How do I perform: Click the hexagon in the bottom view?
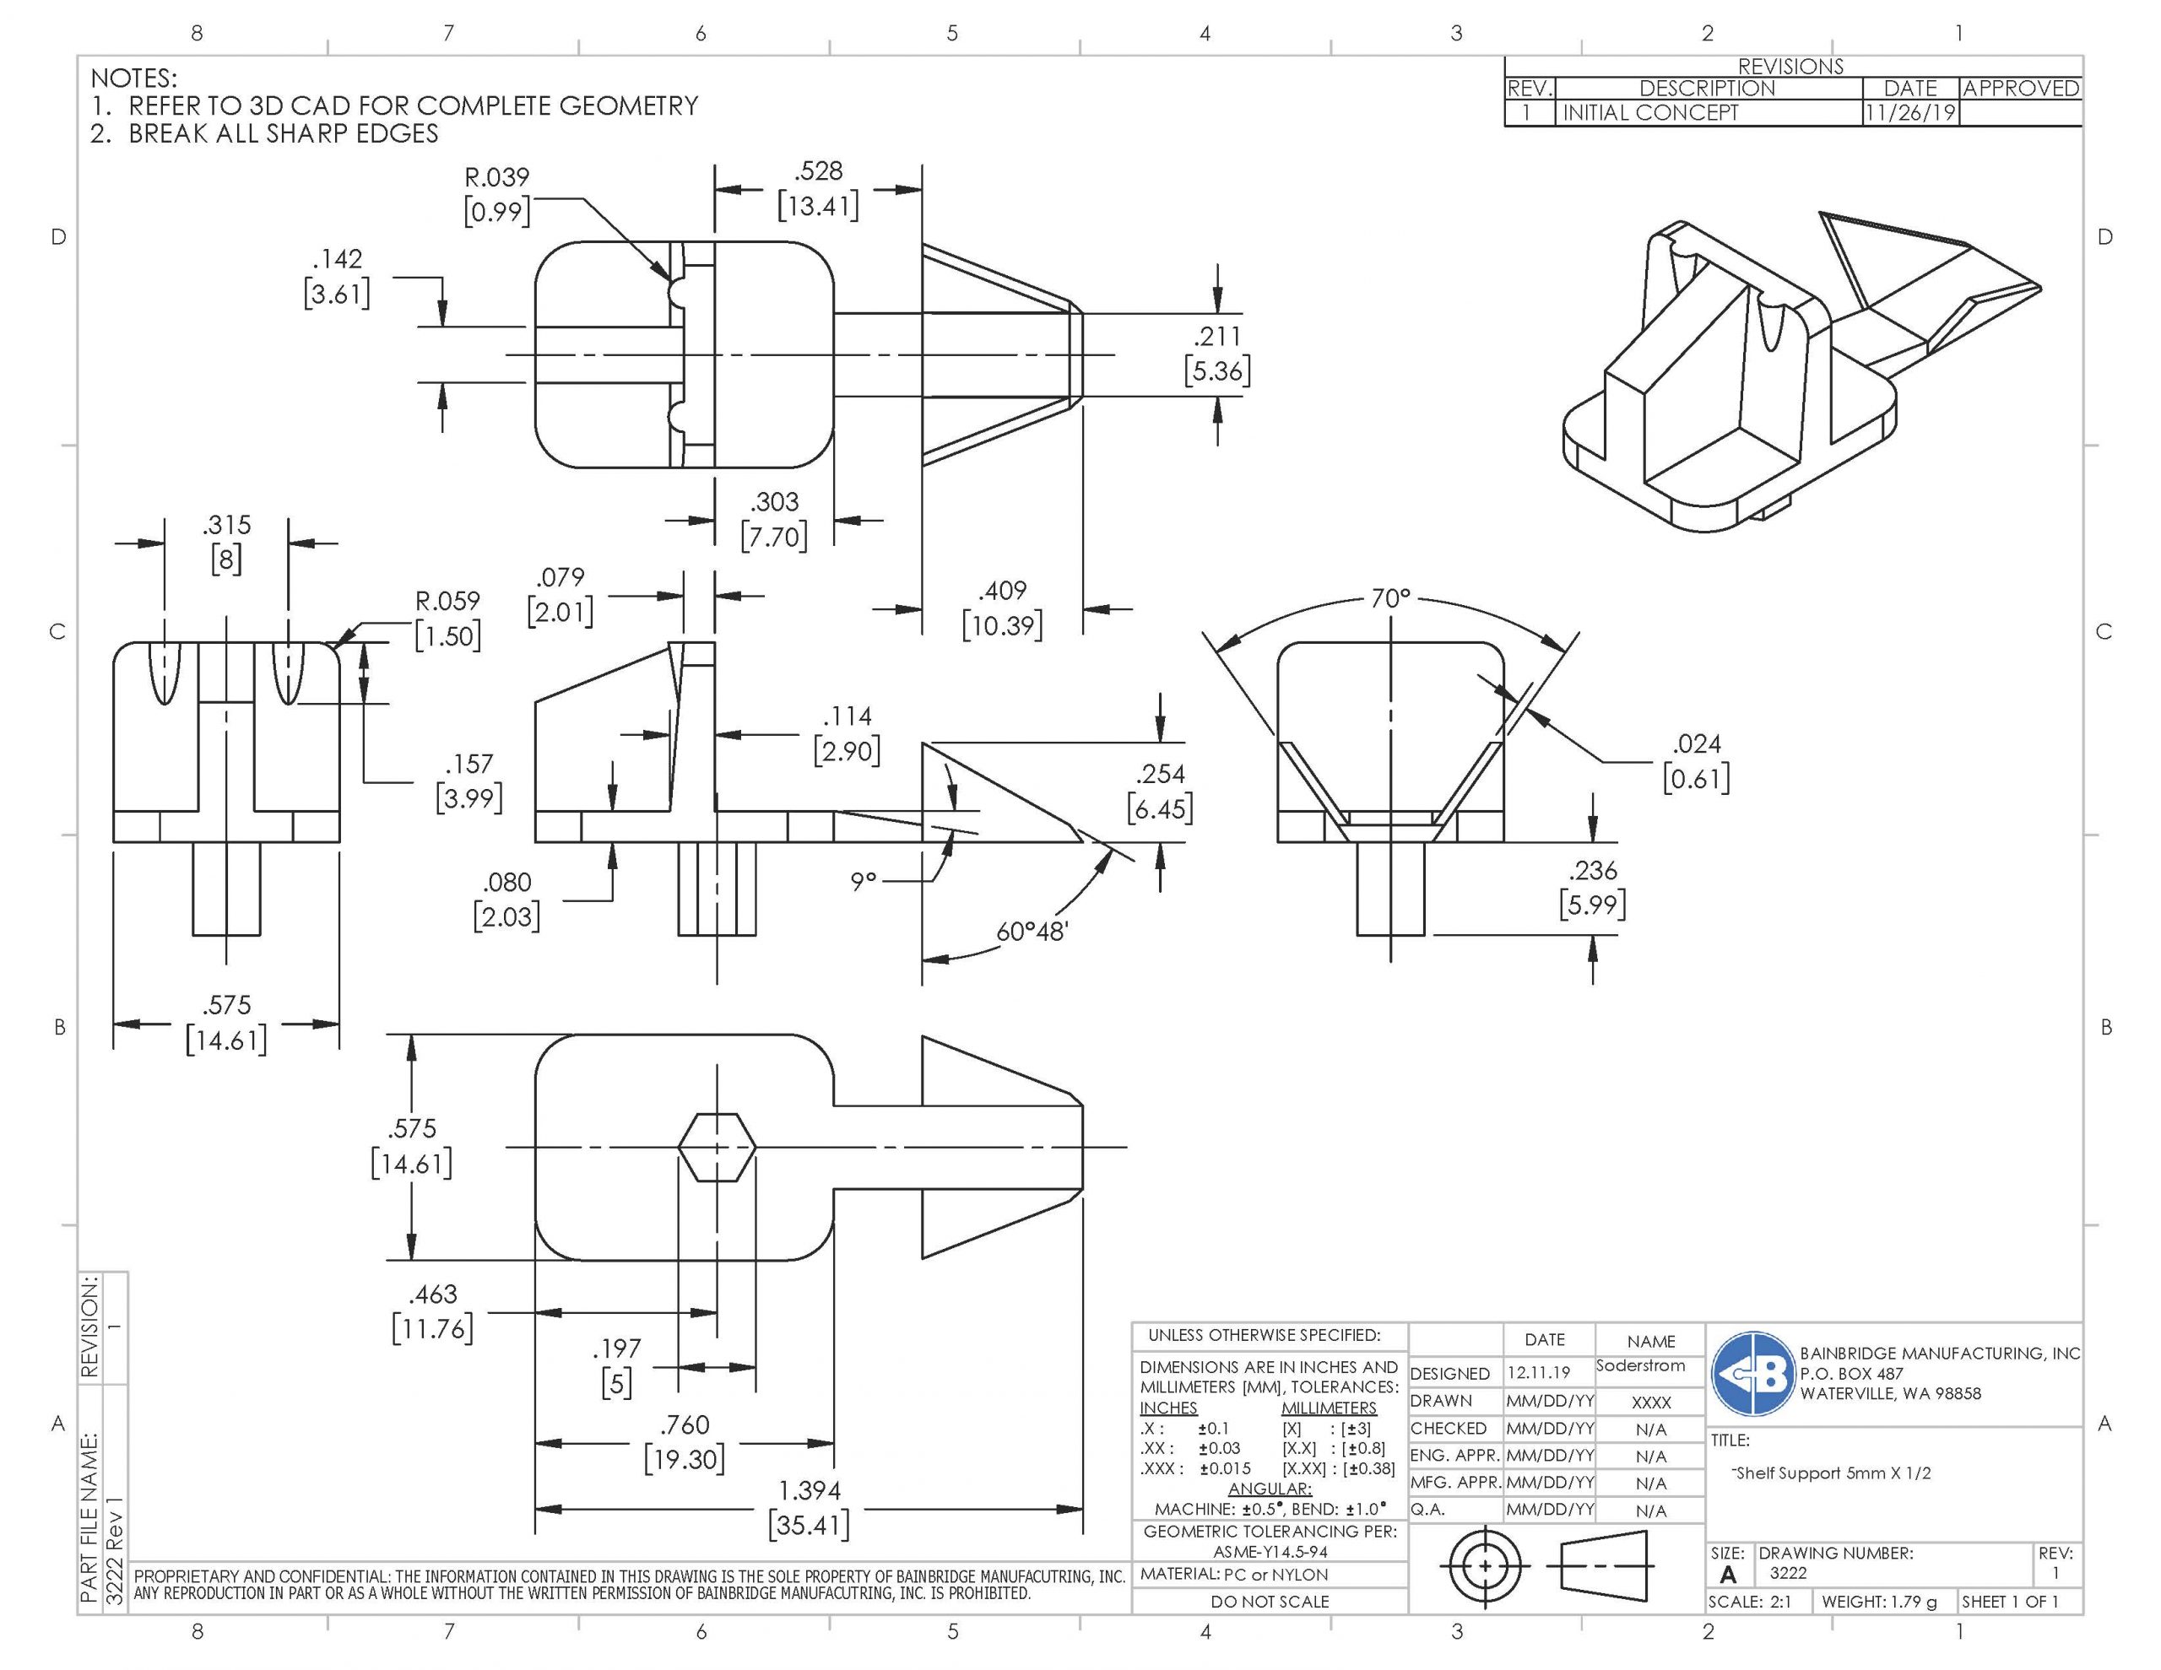coord(718,1147)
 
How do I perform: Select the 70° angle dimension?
coord(1389,598)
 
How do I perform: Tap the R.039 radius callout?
coord(496,194)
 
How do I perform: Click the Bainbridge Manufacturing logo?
coord(1753,1373)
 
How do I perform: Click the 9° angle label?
coord(863,879)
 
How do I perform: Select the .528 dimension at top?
coord(818,188)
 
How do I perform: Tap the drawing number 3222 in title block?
coord(1788,1573)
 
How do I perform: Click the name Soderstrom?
coord(1639,1365)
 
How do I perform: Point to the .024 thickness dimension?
coord(1696,761)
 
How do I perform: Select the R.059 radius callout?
coord(447,618)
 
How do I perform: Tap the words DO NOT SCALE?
coord(1270,1601)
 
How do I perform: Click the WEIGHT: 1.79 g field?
coord(1879,1601)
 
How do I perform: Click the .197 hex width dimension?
coord(616,1365)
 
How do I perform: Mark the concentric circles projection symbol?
coord(1485,1566)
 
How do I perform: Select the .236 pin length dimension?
coord(1592,886)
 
